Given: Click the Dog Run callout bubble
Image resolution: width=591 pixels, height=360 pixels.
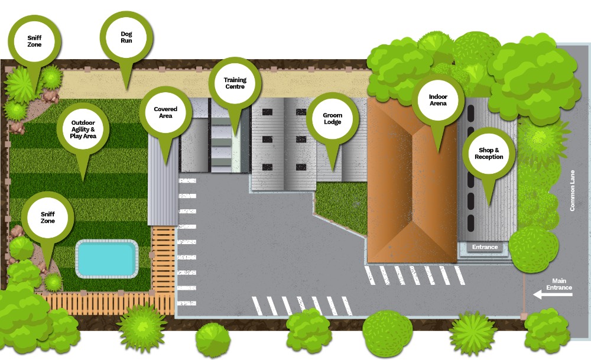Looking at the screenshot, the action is (126, 37).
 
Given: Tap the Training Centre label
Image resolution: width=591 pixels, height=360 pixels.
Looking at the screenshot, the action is (235, 83).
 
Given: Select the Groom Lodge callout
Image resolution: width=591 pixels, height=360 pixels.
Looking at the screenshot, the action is (332, 118).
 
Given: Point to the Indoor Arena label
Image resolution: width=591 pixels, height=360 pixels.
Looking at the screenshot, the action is (437, 100).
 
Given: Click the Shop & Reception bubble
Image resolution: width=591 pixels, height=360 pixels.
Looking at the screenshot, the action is (489, 154).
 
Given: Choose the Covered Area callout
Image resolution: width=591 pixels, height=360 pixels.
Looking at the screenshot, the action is (165, 112).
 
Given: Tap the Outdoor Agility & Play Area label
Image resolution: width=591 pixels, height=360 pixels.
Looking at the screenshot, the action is (83, 129).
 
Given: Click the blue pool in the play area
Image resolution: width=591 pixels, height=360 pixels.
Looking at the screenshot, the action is (106, 258).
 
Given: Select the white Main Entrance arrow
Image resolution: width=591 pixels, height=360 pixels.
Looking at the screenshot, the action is (553, 294).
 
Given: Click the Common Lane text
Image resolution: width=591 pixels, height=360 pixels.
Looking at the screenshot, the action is (572, 190).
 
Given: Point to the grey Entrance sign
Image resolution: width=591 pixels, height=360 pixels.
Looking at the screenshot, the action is (485, 247).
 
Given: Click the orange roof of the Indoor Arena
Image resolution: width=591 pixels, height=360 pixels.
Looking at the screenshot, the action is (412, 180).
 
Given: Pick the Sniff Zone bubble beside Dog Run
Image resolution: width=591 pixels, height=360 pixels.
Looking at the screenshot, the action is (34, 41).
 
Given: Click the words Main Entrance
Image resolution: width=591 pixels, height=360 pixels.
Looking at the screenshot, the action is (559, 284).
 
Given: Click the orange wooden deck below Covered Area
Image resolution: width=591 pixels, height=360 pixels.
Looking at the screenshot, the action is (163, 260).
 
